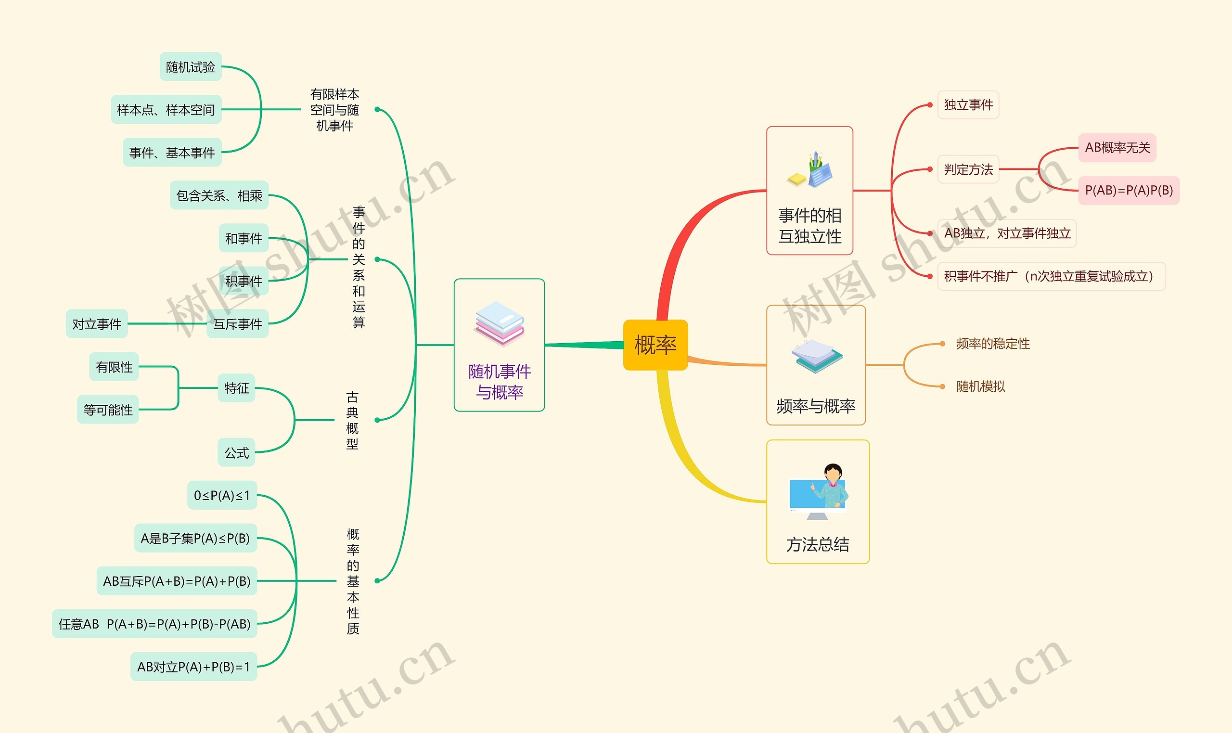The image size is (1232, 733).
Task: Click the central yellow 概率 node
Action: point(655,345)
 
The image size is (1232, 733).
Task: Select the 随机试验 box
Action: point(191,67)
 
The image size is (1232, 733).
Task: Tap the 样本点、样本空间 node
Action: point(166,110)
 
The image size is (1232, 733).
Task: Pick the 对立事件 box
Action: point(97,324)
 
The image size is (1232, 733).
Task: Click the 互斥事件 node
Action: point(238,324)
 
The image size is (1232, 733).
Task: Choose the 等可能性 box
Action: point(108,410)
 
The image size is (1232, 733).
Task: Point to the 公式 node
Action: point(236,452)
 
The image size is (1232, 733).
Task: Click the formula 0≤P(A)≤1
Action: point(222,495)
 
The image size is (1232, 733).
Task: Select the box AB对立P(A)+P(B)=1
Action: point(193,667)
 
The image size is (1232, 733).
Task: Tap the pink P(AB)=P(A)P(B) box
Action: point(1129,190)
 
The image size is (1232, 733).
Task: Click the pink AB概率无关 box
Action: point(1117,147)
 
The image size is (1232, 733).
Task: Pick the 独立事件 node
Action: point(968,105)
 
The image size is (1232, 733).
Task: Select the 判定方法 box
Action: point(968,169)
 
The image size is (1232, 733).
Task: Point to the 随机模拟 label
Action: point(981,386)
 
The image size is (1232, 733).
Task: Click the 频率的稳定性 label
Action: point(993,343)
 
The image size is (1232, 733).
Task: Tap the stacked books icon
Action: point(499,323)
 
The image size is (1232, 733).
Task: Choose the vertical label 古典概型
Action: point(352,420)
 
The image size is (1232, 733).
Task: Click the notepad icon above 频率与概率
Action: point(817,356)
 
